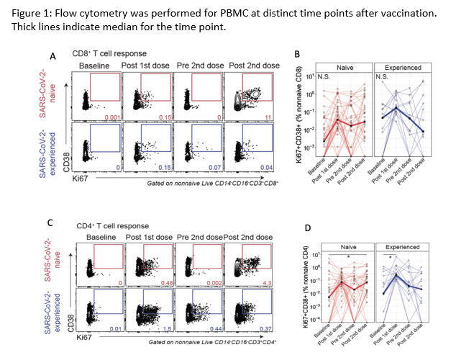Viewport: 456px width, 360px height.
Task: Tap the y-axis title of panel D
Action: [x=297, y=285]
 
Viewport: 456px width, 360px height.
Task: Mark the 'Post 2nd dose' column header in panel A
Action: [x=253, y=66]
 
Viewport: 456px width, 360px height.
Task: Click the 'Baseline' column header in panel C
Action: [x=101, y=237]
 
